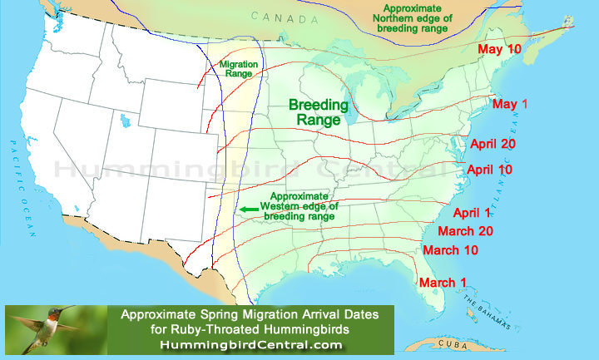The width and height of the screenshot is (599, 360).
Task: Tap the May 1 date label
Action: [x=511, y=104]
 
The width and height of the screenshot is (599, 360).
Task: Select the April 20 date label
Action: [x=494, y=144]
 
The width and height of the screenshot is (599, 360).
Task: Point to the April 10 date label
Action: [x=491, y=170]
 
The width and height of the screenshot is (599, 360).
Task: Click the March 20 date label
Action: [x=465, y=230]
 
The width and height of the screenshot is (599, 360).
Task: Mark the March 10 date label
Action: [x=450, y=250]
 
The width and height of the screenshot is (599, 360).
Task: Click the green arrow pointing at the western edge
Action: [x=248, y=210]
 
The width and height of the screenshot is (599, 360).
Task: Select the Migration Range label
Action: [x=236, y=69]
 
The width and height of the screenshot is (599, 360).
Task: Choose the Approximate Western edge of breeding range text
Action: [x=297, y=205]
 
